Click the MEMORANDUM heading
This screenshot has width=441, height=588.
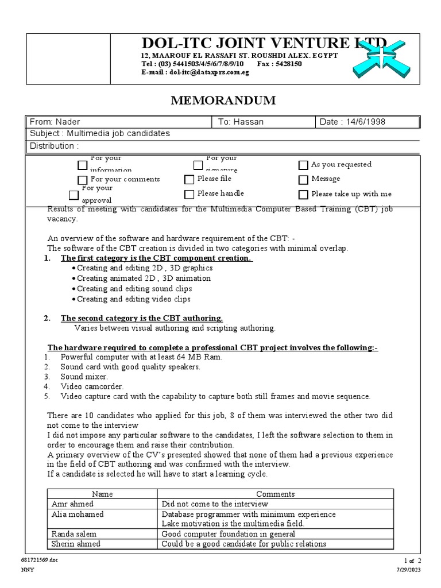223,100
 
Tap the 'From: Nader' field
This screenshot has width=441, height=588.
55,122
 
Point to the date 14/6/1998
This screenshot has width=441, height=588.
353,122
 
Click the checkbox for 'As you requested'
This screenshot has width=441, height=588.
303,165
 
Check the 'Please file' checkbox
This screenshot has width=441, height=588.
189,179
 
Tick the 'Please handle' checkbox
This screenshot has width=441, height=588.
189,194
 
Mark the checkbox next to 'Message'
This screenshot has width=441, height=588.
303,179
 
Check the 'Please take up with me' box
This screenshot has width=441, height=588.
303,194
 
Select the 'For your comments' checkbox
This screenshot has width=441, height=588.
83,180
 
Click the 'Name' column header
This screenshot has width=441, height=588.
102,494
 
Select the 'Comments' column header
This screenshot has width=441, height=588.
275,494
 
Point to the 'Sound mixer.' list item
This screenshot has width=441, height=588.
84,377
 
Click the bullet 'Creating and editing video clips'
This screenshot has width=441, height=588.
134,299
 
